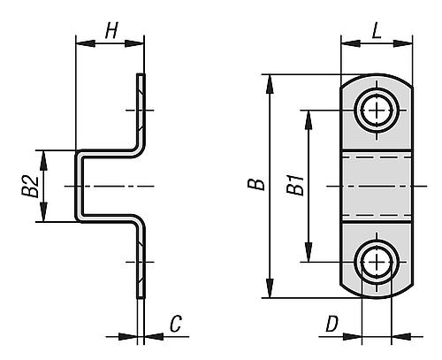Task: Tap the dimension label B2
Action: tap(28, 186)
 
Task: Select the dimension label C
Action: tap(176, 326)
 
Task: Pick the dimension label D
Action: tap(331, 326)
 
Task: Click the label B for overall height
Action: tap(255, 186)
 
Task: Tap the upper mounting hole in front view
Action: tap(378, 111)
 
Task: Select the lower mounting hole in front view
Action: tap(378, 263)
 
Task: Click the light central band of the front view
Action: tap(378, 186)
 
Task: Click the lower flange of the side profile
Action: tap(140, 261)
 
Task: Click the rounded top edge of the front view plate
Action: tap(378, 76)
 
